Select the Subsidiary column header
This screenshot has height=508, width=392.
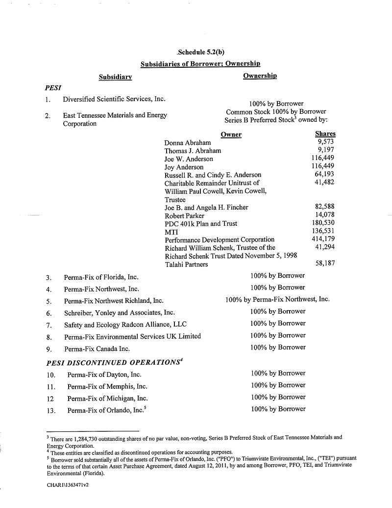115,77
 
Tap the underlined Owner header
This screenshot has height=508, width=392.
231,134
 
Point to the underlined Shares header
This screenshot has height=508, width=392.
325,134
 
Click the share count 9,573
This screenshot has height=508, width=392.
326,142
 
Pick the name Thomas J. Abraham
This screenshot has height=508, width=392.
193,151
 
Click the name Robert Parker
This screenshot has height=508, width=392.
184,215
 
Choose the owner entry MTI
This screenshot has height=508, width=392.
171,231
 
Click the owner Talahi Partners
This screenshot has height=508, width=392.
186,265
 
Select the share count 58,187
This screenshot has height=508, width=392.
324,264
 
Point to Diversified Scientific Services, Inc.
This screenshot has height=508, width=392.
114,99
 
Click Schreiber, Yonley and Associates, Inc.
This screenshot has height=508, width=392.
119,312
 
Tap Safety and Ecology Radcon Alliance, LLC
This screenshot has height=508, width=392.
125,324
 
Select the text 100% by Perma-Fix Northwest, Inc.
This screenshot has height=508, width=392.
277,299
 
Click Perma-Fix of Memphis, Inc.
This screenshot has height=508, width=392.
107,386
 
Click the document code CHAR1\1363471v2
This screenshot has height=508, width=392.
68,484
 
